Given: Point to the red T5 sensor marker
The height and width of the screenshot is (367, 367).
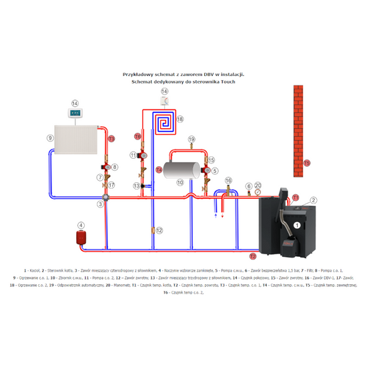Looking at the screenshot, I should [x=306, y=163].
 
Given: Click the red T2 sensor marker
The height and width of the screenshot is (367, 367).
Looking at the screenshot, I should [x=252, y=256].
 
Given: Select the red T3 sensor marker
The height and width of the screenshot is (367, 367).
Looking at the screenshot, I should [x=111, y=139].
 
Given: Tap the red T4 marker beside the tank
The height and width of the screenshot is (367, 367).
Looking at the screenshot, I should [x=159, y=169].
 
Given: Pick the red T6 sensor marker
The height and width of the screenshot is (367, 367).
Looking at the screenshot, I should [x=137, y=136].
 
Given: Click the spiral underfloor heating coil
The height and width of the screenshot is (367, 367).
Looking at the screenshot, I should [x=163, y=122].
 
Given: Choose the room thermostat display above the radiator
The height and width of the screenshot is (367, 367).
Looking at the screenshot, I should [x=75, y=114].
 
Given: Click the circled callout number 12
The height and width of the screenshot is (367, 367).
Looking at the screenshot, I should [x=159, y=230].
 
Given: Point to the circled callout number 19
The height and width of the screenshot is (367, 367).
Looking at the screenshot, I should [x=192, y=139].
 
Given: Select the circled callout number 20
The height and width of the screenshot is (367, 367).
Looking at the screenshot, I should [x=258, y=186].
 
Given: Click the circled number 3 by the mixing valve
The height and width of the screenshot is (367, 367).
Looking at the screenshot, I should [x=105, y=198].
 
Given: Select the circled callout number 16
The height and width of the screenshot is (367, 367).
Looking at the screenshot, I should [x=228, y=180].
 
